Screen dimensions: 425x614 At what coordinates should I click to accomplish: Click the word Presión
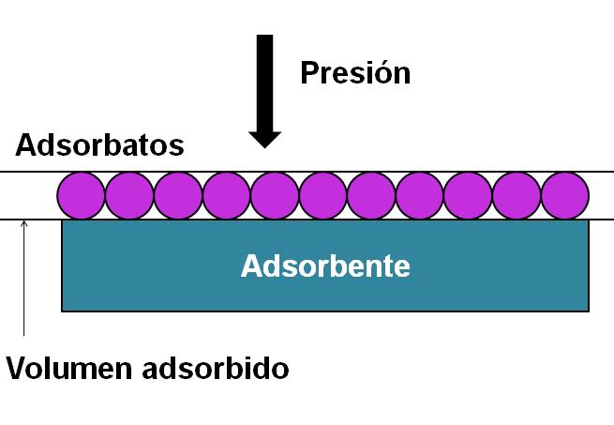click(x=354, y=72)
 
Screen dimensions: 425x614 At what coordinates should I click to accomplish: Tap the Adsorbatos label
click(x=99, y=146)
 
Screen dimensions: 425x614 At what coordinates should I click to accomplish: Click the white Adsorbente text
click(x=325, y=266)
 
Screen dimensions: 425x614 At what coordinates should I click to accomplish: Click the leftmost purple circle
click(x=82, y=196)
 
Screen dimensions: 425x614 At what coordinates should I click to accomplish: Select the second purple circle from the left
click(x=129, y=196)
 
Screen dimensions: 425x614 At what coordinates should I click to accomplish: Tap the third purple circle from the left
click(x=178, y=196)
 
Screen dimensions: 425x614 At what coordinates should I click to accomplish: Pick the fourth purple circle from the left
click(x=227, y=196)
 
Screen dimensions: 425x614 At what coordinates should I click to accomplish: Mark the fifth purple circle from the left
click(x=276, y=196)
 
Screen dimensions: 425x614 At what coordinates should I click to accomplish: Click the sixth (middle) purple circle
click(x=324, y=196)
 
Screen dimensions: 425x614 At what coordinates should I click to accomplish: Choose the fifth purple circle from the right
click(x=372, y=196)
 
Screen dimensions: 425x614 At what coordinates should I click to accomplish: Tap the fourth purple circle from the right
click(x=421, y=196)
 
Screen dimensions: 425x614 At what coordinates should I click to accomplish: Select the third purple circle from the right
click(x=469, y=196)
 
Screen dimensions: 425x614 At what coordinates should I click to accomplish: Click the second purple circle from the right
click(x=517, y=196)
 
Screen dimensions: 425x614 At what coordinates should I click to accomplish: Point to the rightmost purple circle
click(x=565, y=196)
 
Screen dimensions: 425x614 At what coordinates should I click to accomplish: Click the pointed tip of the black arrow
click(x=265, y=145)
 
